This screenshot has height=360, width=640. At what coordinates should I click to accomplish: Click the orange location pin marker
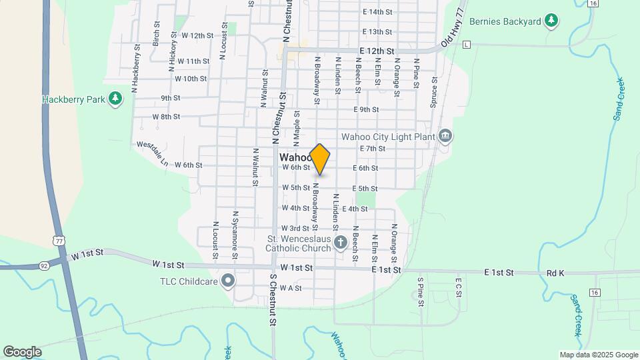pyautogui.click(x=320, y=159)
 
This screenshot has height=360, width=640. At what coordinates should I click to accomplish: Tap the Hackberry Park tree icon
pyautogui.click(x=116, y=99)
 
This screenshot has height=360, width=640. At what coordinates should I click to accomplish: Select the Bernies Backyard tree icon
pyautogui.click(x=551, y=21)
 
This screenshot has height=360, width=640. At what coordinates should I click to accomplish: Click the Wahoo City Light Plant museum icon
pyautogui.click(x=445, y=137)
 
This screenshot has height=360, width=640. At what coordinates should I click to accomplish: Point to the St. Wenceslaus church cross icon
pyautogui.click(x=340, y=242)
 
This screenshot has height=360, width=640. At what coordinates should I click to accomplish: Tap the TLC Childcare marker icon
pyautogui.click(x=228, y=281)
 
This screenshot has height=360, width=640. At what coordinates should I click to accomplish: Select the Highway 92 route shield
pyautogui.click(x=43, y=264)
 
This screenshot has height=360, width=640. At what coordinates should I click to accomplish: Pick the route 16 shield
pyautogui.click(x=595, y=292)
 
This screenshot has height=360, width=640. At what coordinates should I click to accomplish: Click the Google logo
pyautogui.click(x=22, y=352)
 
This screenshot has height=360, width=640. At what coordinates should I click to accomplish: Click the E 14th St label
pyautogui.click(x=377, y=12)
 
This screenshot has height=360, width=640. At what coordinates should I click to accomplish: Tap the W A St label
pyautogui.click(x=291, y=288)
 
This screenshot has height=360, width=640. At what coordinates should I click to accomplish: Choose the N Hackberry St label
pyautogui.click(x=135, y=68)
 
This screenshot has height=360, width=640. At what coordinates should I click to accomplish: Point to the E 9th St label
pyautogui.click(x=366, y=109)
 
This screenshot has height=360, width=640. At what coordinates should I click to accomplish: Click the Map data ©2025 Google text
pyautogui.click(x=599, y=355)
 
